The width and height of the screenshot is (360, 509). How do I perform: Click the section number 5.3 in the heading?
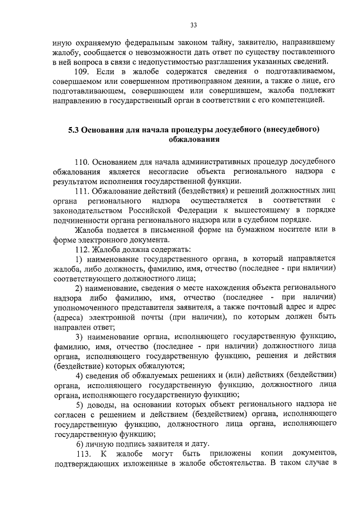point(74,129)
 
